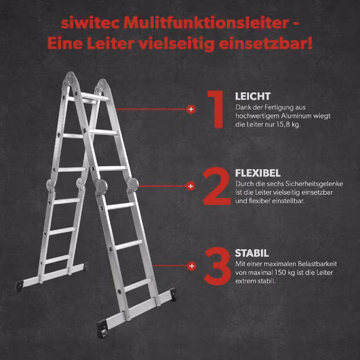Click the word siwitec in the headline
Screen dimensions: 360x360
[x=90, y=23]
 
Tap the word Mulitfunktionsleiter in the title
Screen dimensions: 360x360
[x=206, y=23]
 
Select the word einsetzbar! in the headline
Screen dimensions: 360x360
[x=266, y=43]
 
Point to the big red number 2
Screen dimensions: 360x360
[x=217, y=186]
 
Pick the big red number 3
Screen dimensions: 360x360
[x=217, y=266]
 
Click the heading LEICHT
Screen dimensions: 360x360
[x=253, y=96]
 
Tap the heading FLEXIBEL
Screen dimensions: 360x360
[x=258, y=173]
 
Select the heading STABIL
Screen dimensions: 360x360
[x=252, y=253]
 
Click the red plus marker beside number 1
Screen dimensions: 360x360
[x=191, y=109]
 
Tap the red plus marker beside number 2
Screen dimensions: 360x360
[x=190, y=186]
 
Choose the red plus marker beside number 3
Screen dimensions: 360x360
[x=192, y=266]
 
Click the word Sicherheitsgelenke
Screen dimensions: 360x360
[x=314, y=184]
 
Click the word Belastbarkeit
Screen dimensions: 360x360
[x=317, y=264]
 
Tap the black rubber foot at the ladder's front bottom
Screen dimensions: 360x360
[x=102, y=329]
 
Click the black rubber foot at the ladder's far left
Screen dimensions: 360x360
[x=19, y=286]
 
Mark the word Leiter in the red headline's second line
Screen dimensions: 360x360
[x=110, y=43]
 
